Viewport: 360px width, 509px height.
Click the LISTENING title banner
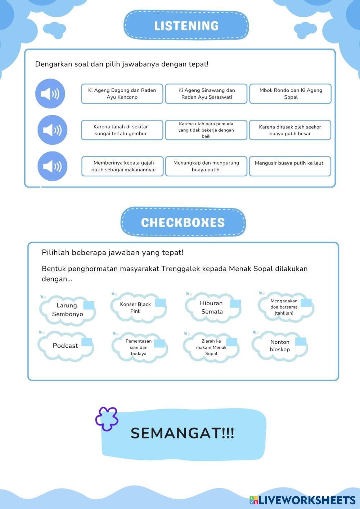186,25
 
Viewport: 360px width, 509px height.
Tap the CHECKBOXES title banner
183,222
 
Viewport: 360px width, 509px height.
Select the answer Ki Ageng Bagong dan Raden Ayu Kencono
122,94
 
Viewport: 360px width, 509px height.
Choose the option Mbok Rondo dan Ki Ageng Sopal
290,94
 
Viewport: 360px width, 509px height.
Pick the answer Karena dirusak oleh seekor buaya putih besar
290,130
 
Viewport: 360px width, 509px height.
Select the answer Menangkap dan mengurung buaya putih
206,166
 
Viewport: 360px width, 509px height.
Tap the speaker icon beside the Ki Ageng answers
50,94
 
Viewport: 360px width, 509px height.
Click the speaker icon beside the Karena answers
52,130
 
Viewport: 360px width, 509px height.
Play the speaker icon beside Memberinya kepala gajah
52,166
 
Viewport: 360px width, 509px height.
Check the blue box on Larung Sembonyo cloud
89,306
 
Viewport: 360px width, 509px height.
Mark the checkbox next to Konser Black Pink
160,303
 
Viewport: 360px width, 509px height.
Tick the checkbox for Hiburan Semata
235,303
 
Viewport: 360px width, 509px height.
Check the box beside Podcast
87,342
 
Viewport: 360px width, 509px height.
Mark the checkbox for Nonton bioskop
300,341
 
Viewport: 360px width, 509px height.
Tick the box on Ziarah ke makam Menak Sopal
231,342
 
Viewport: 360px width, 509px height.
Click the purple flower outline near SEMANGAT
107,419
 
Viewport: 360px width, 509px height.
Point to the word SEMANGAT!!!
182,433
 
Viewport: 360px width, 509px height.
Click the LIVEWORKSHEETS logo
302,500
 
